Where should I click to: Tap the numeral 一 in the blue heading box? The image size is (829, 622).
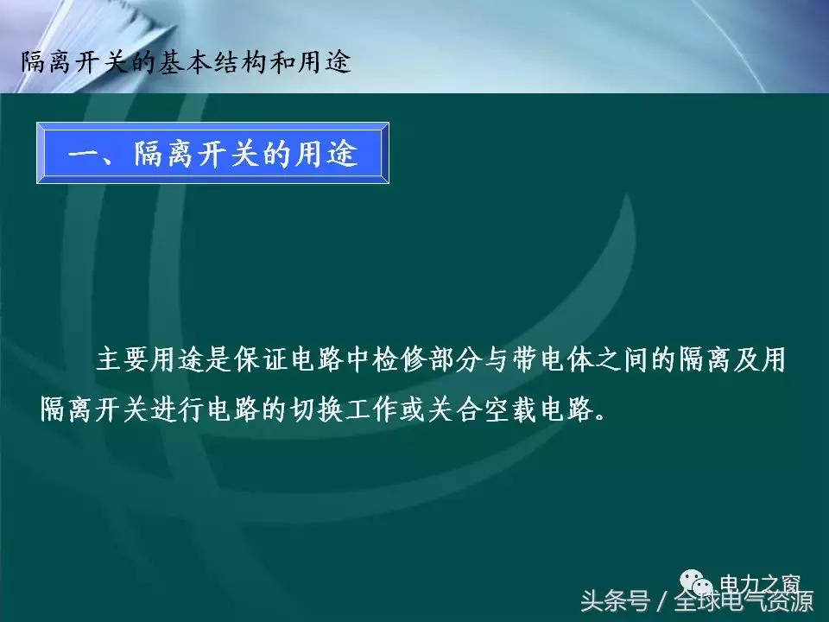tap(85, 155)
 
